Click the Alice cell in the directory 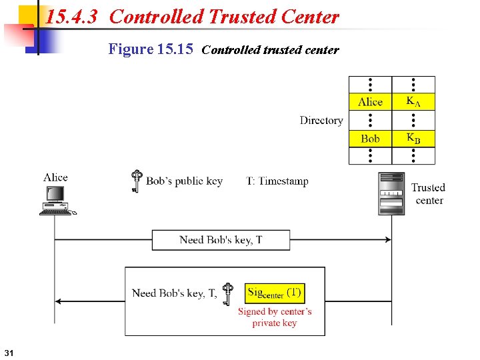370,101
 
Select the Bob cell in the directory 370,138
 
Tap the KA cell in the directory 413,101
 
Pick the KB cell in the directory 413,138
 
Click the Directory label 321,120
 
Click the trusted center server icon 391,193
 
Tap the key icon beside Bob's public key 137,181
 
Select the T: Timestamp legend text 277,181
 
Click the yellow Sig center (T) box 275,293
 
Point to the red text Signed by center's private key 275,317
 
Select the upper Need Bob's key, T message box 221,240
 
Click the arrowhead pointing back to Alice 59,301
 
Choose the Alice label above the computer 55,177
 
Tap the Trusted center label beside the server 428,194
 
